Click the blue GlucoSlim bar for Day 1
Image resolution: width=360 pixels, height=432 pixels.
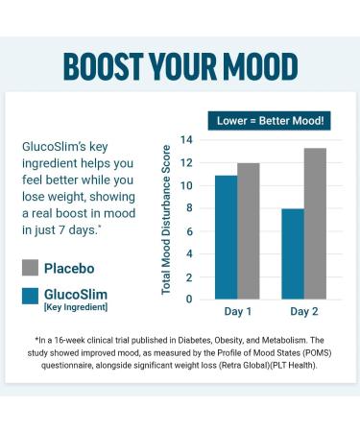[226, 236]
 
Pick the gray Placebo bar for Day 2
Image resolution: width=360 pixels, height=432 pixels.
[314, 223]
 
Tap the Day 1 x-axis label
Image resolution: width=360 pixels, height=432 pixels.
[236, 313]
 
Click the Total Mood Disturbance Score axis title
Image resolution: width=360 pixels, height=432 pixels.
[166, 220]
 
